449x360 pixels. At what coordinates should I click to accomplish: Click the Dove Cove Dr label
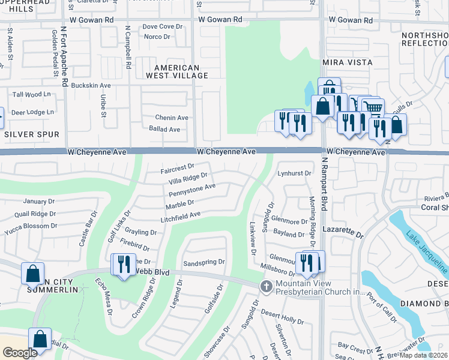click(162, 26)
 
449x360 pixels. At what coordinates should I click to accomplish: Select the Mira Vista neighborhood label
click(348, 62)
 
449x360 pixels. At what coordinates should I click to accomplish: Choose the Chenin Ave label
click(172, 118)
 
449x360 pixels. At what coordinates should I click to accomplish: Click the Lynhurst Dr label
click(294, 173)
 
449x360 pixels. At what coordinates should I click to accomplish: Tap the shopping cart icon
click(373, 109)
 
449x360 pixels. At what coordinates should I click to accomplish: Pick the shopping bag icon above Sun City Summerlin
click(32, 273)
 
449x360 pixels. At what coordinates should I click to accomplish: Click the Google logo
click(20, 352)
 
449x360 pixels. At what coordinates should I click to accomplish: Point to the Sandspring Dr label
click(203, 262)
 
